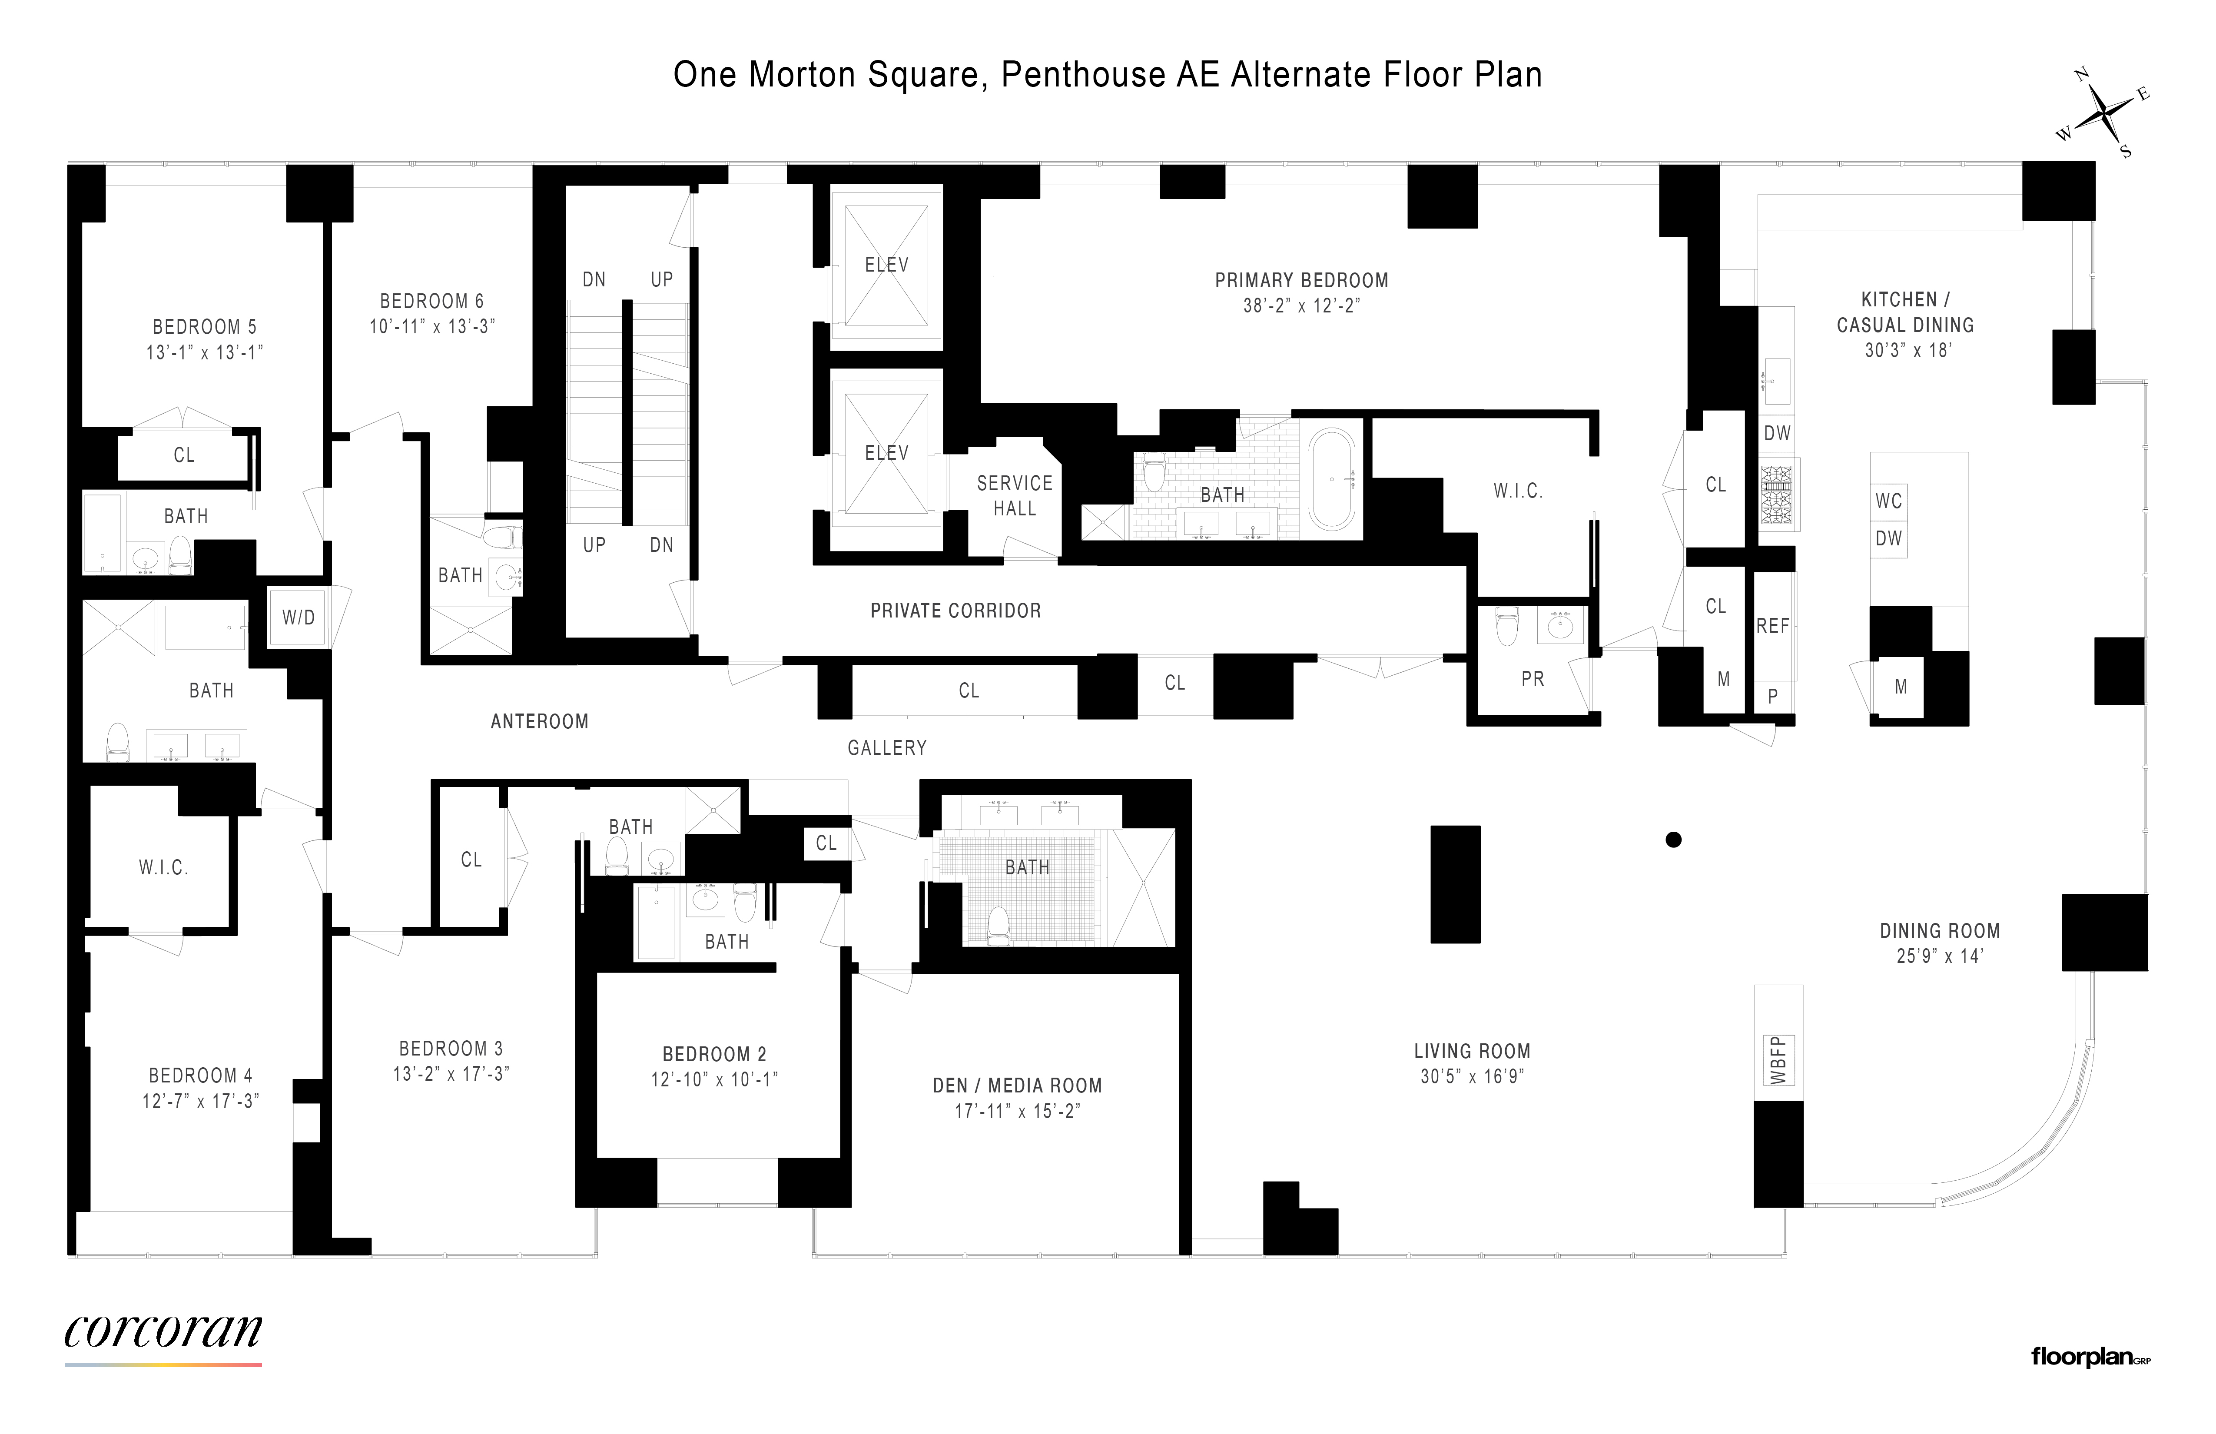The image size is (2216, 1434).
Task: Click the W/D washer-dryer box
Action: pos(298,617)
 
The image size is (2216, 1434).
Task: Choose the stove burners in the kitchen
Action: pos(1777,494)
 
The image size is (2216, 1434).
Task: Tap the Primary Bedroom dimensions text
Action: pos(1301,305)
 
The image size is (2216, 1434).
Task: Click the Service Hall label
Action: pos(1014,495)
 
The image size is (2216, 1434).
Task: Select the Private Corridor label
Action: pos(955,611)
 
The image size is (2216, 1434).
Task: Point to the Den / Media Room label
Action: pos(1017,1086)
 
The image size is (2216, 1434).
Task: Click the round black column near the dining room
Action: pos(1673,840)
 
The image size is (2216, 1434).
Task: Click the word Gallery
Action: pos(886,748)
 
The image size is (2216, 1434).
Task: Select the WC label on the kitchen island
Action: pos(1888,501)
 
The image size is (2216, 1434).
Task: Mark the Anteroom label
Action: pos(539,722)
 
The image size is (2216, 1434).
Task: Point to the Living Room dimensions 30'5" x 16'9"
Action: pos(1471,1076)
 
